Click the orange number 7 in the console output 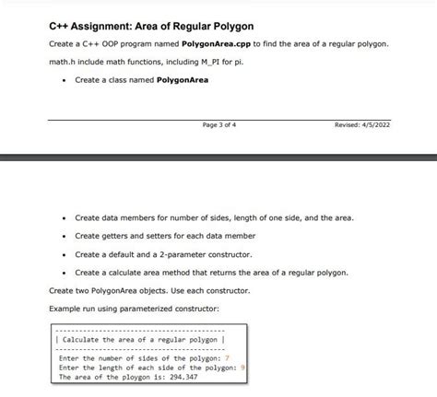(x=226, y=358)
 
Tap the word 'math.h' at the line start (x=60, y=63)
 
